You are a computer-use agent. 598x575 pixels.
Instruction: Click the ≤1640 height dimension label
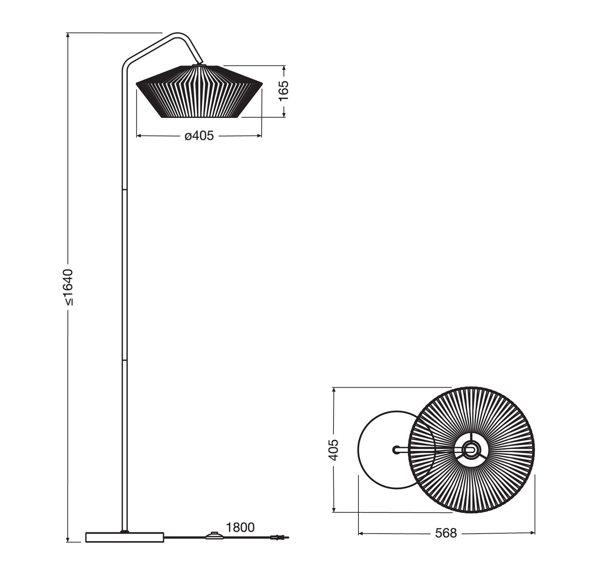68,287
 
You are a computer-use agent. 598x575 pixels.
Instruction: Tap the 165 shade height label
283,91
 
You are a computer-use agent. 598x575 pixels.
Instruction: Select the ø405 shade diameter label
199,135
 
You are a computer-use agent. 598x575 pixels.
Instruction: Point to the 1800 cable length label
240,527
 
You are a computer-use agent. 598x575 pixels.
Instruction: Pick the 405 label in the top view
333,450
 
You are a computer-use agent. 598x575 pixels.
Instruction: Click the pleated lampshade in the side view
199,91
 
